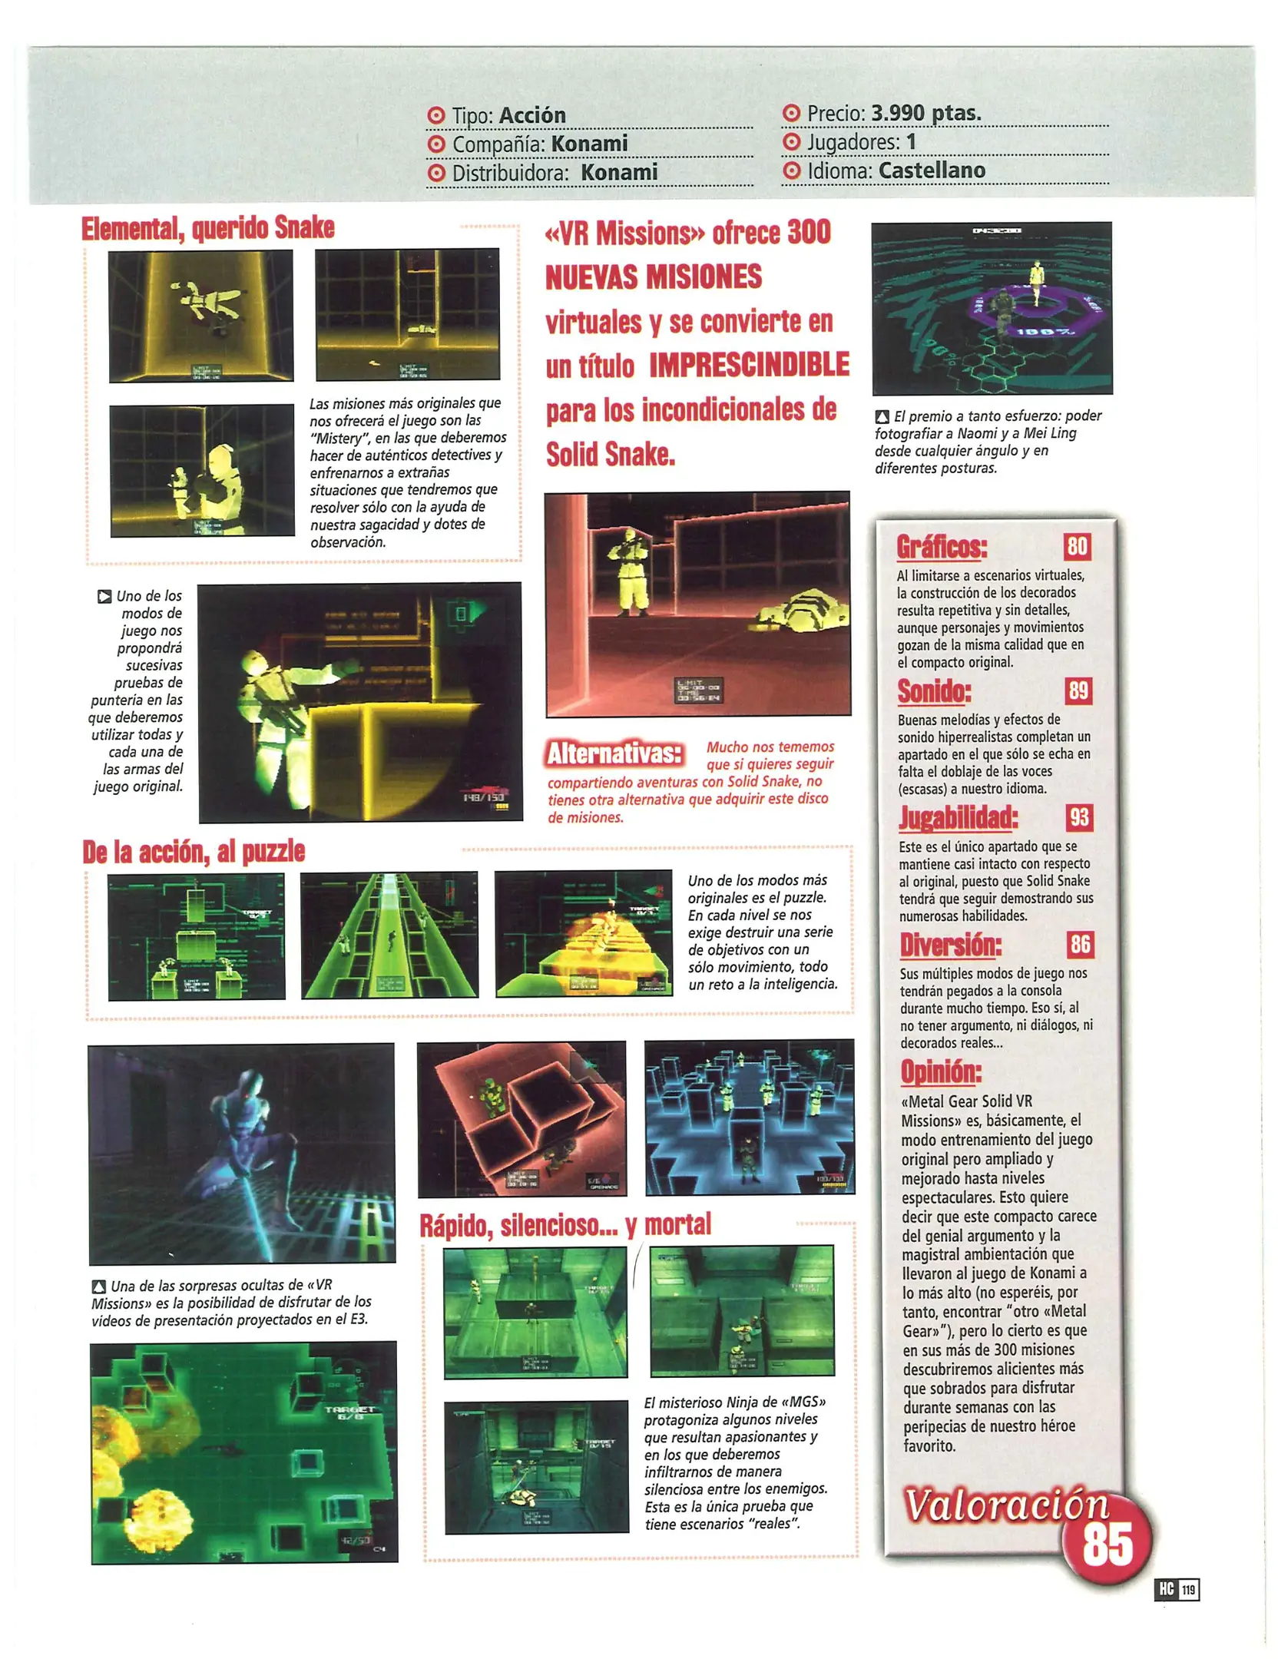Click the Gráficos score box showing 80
[x=1077, y=546]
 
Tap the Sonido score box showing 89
[x=1078, y=690]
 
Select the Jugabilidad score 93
[x=1079, y=816]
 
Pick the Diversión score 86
[x=1080, y=943]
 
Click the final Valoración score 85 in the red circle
[x=1107, y=1545]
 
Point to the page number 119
[x=1187, y=1589]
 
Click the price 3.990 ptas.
[x=925, y=113]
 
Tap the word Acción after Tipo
[x=532, y=115]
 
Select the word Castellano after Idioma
[x=932, y=171]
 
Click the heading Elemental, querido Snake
[x=208, y=228]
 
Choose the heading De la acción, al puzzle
[x=194, y=852]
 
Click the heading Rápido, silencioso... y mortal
[x=565, y=1224]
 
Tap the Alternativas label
[x=614, y=753]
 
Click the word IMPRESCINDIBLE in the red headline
[x=749, y=366]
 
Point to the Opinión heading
[x=941, y=1071]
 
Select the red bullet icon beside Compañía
[x=435, y=144]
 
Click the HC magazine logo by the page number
[x=1166, y=1589]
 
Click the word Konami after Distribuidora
[x=619, y=173]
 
